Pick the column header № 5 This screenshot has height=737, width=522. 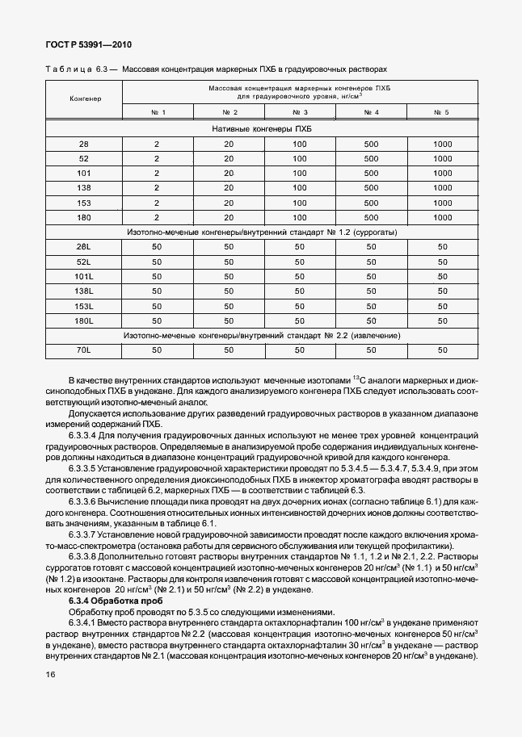(x=441, y=111)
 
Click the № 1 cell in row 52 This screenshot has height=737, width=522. (x=158, y=158)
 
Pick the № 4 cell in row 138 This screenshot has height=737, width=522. (x=371, y=187)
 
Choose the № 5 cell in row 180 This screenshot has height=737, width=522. (x=441, y=217)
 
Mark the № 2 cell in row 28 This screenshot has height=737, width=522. (x=229, y=143)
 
